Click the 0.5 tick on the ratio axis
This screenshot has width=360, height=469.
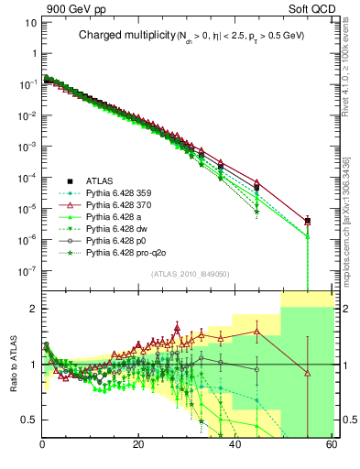pos(29,420)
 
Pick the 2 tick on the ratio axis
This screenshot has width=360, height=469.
pos(33,309)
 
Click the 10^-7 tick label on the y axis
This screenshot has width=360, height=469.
pos(27,270)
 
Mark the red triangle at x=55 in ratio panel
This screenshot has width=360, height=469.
pos(308,373)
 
